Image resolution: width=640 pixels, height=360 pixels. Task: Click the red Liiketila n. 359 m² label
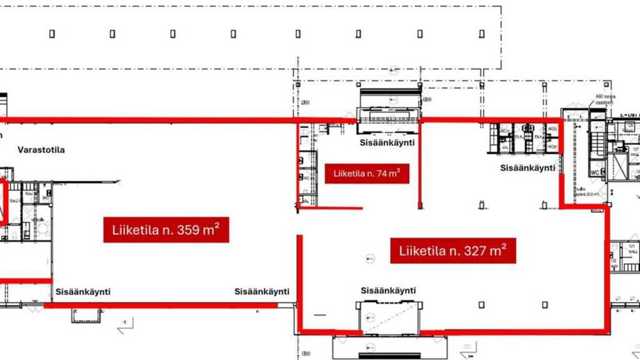166,229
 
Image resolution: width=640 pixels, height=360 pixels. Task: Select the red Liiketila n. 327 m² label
452,251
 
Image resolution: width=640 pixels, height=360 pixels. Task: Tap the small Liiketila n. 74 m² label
367,173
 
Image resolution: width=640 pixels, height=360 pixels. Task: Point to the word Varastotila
41,150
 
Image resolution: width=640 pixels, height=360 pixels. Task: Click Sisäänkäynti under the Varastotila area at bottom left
83,292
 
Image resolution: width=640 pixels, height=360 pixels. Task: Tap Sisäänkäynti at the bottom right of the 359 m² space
262,292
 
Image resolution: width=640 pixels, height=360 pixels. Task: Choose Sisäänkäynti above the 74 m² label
387,142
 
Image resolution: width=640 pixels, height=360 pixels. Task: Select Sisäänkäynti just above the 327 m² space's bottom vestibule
388,291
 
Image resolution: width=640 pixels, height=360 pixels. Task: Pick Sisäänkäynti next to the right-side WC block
528,168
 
